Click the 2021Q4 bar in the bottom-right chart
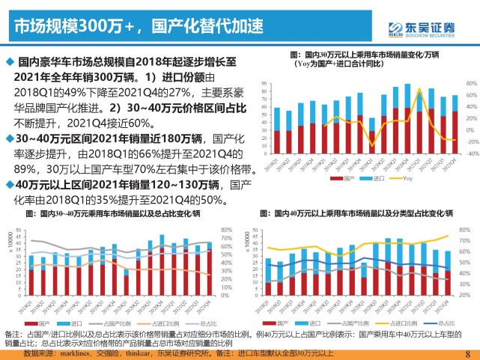447,272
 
